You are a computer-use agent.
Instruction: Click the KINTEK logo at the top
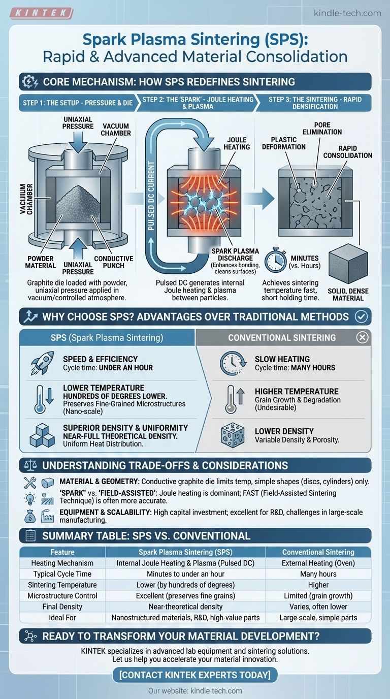pyautogui.click(x=42, y=13)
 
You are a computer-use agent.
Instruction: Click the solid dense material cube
pyautogui.click(x=348, y=263)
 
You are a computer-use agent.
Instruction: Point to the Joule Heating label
pyautogui.click(x=237, y=143)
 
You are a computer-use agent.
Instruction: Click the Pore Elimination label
pyautogui.click(x=322, y=128)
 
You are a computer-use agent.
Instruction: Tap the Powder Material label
pyautogui.click(x=41, y=262)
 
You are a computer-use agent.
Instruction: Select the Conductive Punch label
pyautogui.click(x=114, y=262)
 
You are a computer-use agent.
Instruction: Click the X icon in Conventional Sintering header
pyautogui.click(x=362, y=337)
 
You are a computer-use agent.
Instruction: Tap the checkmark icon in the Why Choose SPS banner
pyautogui.click(x=361, y=317)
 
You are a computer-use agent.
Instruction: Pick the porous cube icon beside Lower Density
pyautogui.click(x=233, y=435)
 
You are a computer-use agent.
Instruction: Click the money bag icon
pyautogui.click(x=30, y=516)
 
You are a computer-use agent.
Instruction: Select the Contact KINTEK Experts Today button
pyautogui.click(x=195, y=675)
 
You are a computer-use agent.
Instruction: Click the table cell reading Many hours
pyautogui.click(x=318, y=574)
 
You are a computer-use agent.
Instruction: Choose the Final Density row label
pyautogui.click(x=62, y=607)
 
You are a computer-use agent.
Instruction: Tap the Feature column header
pyautogui.click(x=62, y=552)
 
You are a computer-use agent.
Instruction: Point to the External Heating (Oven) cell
pyautogui.click(x=318, y=563)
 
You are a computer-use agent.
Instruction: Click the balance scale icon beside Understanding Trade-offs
pyautogui.click(x=30, y=465)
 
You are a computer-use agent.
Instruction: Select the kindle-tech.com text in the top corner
pyautogui.click(x=347, y=13)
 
